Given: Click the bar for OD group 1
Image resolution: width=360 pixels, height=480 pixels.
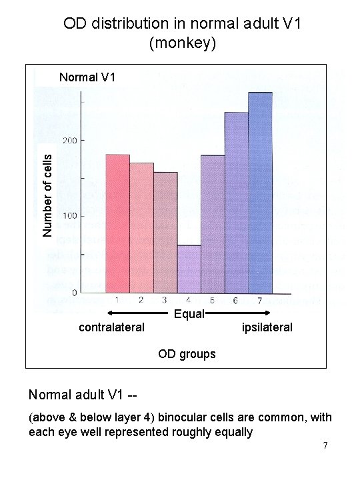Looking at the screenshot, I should [x=117, y=223].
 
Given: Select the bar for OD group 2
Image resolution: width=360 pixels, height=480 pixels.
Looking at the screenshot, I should [x=141, y=227].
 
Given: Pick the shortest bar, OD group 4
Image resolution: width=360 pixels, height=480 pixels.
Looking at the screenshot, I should [x=189, y=269].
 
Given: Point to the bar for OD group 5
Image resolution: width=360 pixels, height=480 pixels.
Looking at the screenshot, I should [x=213, y=223].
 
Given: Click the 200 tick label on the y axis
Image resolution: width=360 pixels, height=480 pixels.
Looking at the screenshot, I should [x=70, y=141].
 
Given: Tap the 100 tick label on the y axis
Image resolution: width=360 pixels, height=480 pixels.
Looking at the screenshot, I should [x=70, y=216].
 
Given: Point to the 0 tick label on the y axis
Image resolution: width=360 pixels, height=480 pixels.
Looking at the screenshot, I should [x=75, y=292].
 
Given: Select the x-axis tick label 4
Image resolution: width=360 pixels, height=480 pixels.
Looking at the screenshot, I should [x=189, y=300].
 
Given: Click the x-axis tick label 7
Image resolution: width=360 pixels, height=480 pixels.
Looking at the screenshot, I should [x=260, y=300].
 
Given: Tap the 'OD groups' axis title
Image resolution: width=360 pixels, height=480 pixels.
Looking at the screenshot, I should [x=187, y=354].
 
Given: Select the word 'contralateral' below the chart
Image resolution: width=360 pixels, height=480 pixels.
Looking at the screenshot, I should [x=111, y=327].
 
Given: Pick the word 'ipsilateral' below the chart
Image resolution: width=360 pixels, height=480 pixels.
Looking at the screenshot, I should [x=267, y=327].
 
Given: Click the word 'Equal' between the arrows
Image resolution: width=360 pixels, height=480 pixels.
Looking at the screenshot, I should [x=189, y=314].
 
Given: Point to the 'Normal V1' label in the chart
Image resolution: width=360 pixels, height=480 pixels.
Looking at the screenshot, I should [x=87, y=77].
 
